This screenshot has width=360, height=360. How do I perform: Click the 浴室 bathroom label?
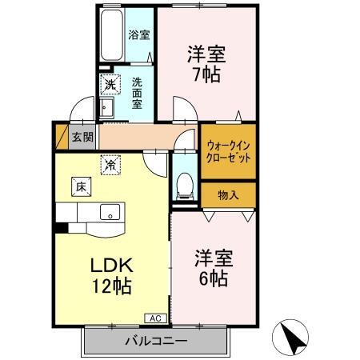click(x=139, y=34)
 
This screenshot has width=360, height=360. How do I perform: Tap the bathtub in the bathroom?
click(x=111, y=36)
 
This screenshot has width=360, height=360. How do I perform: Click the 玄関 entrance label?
click(x=82, y=136)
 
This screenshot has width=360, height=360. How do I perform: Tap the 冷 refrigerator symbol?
click(x=109, y=165)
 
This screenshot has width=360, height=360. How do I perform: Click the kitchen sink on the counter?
click(x=110, y=212)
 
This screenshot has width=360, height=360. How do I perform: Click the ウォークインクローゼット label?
click(x=229, y=152)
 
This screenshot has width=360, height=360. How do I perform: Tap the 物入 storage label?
click(x=228, y=194)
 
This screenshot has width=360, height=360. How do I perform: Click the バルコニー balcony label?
click(x=155, y=342)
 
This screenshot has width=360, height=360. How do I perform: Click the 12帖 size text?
click(x=110, y=286)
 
